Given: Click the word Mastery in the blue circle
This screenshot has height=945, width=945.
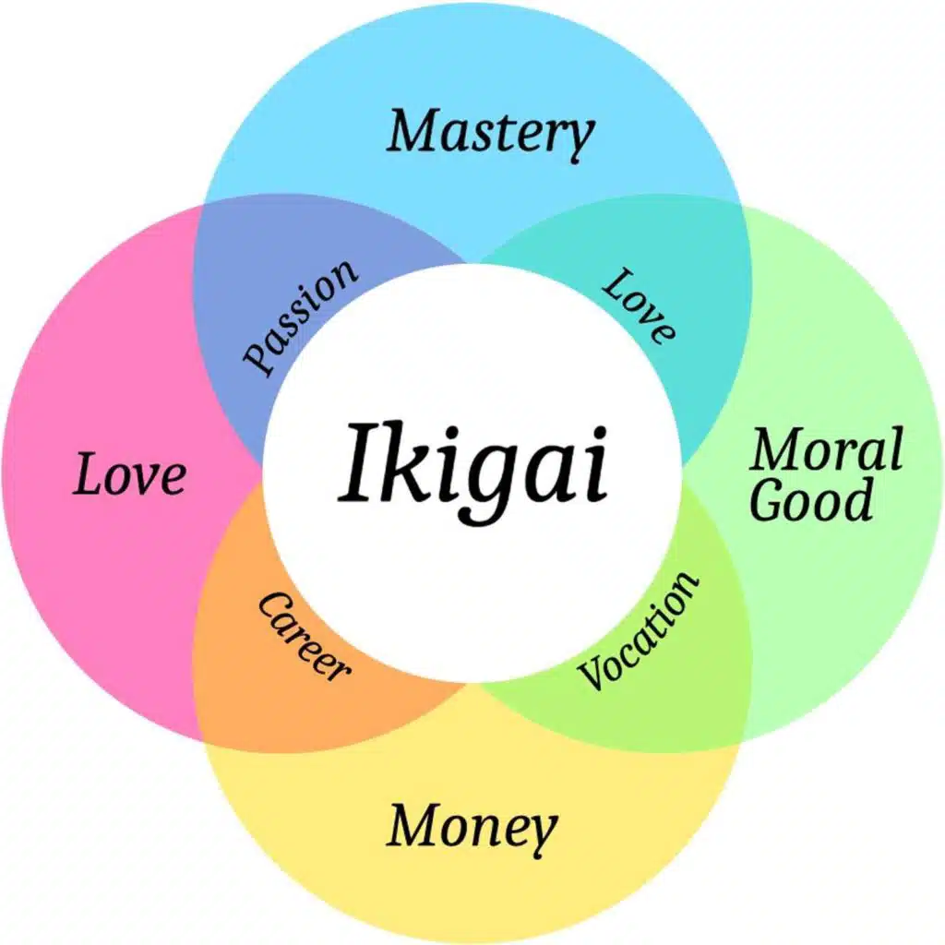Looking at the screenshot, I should pyautogui.click(x=490, y=133).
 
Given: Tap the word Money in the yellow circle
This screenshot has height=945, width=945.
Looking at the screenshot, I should pyautogui.click(x=472, y=826).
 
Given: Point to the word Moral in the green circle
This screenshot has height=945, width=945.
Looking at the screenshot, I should pyautogui.click(x=824, y=451).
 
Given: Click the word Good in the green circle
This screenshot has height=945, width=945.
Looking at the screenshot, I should pyautogui.click(x=810, y=501).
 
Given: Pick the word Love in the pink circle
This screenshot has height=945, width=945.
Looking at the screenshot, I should pyautogui.click(x=129, y=475).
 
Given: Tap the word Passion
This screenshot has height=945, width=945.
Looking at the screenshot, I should pyautogui.click(x=300, y=316).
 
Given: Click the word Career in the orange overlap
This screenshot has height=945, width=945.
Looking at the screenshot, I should pyautogui.click(x=304, y=636).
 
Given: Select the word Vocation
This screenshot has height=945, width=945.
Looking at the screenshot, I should pyautogui.click(x=640, y=630).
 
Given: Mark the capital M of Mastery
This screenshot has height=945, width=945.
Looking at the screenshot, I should pyautogui.click(x=412, y=132).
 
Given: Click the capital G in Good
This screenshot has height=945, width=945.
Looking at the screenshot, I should pyautogui.click(x=768, y=501).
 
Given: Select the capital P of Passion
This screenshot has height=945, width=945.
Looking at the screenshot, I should pyautogui.click(x=257, y=359).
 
